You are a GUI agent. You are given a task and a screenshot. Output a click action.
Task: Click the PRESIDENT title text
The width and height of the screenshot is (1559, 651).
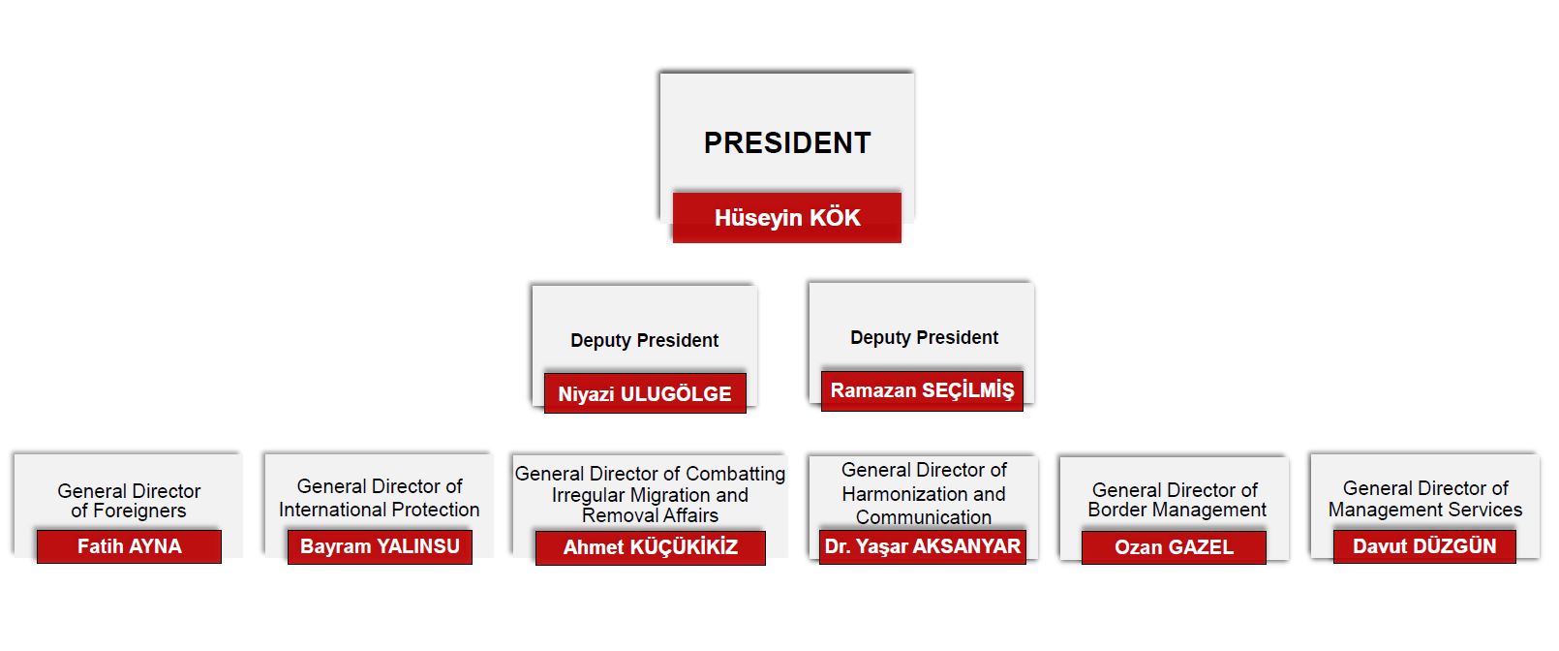[x=787, y=142]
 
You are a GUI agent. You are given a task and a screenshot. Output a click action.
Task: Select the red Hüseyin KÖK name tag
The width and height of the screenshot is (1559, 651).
[x=787, y=218]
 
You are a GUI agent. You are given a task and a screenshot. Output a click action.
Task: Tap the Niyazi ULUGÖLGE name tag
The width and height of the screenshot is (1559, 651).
[x=645, y=393]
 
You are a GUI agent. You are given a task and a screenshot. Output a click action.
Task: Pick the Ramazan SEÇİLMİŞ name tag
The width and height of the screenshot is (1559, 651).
[x=922, y=390]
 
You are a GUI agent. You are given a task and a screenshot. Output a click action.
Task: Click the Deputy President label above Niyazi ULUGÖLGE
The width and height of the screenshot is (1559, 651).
[x=645, y=340]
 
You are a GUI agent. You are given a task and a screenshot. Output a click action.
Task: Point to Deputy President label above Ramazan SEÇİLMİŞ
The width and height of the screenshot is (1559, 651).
[x=924, y=338]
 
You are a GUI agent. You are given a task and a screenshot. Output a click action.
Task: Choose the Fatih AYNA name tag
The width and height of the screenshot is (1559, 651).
[x=130, y=546]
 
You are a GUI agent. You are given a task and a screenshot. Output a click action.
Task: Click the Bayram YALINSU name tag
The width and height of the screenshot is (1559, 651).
[x=380, y=546]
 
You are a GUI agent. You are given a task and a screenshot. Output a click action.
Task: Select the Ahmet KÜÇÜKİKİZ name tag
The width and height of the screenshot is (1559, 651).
[x=651, y=548]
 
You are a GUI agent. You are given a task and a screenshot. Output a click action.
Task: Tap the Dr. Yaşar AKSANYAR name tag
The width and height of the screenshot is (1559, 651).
[x=923, y=546]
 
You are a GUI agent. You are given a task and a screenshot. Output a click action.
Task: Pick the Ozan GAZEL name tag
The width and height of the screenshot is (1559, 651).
[x=1175, y=547]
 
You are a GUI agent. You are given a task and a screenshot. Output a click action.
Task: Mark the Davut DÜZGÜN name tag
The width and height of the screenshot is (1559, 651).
[x=1424, y=546]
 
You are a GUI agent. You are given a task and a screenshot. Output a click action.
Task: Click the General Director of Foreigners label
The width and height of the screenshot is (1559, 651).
[x=129, y=501]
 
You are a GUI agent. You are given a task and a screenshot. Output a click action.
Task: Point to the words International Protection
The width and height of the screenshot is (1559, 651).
[x=380, y=510]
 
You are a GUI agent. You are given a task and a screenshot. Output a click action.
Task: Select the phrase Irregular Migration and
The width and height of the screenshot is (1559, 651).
[x=650, y=495]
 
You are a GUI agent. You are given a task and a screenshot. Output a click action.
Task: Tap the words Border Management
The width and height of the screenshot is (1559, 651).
[x=1177, y=510]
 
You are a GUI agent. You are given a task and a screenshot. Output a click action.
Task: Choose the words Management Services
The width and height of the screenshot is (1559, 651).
[x=1425, y=510]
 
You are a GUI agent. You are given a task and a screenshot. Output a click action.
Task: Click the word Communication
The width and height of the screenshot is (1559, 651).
[x=924, y=517]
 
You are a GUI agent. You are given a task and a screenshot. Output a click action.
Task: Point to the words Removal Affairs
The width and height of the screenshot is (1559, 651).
[x=650, y=515]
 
